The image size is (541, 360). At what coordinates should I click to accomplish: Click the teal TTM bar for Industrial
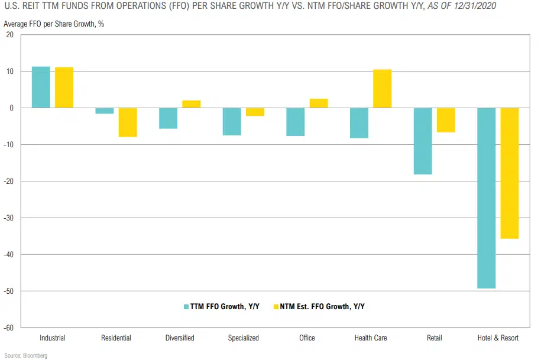(x=41, y=87)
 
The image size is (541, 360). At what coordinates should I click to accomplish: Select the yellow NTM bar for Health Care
(x=382, y=89)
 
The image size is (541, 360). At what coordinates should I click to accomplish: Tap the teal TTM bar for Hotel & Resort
(x=486, y=198)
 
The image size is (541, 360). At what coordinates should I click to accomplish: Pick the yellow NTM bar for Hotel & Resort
(x=510, y=173)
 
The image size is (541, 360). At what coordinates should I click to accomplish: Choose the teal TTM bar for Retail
(x=422, y=141)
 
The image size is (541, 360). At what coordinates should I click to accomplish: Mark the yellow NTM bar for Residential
(x=128, y=122)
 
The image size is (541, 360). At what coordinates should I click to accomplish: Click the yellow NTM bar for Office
(x=319, y=103)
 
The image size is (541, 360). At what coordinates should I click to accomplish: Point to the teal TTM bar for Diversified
(x=169, y=118)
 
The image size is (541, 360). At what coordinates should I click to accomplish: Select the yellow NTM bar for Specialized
(x=255, y=112)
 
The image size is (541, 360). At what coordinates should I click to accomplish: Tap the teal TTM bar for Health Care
(x=359, y=123)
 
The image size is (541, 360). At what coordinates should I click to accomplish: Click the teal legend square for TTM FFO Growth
(x=186, y=306)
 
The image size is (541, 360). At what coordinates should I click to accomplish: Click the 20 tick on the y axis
(x=10, y=35)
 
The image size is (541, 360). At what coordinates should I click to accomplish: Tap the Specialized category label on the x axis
(x=244, y=338)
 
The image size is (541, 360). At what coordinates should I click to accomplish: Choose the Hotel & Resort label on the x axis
(x=498, y=338)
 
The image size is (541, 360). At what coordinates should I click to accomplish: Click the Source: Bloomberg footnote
(x=25, y=355)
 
